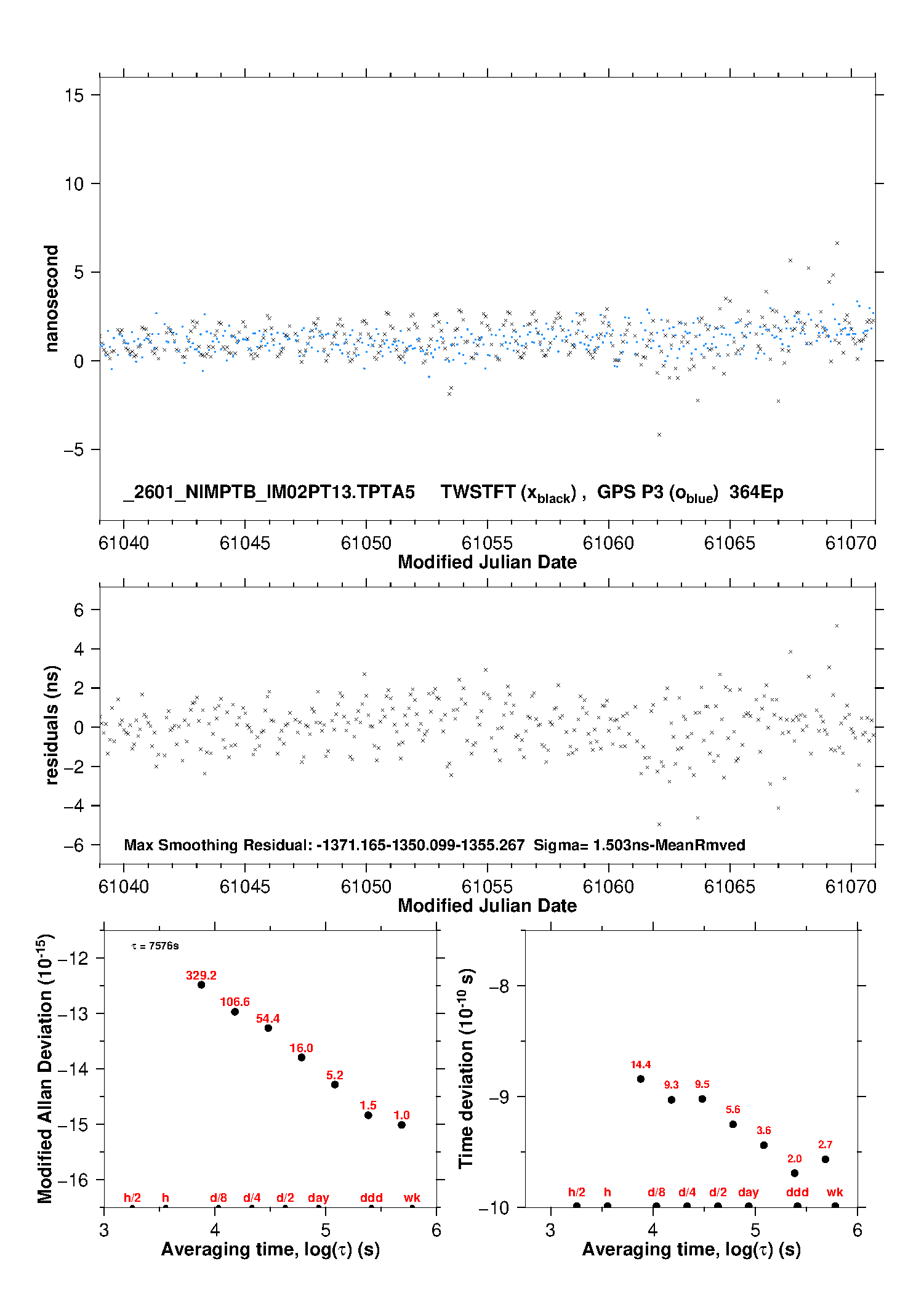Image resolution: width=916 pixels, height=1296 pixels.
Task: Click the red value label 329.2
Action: click(201, 975)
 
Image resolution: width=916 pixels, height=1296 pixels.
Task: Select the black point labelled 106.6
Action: click(235, 1012)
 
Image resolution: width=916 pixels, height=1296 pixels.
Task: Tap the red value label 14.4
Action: click(640, 1065)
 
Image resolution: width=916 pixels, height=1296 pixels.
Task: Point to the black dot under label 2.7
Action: click(826, 1159)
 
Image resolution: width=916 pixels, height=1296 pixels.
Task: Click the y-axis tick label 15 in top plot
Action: click(74, 95)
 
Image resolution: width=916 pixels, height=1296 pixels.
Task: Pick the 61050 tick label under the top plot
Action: click(366, 543)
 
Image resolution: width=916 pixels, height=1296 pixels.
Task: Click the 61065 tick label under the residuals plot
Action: click(729, 887)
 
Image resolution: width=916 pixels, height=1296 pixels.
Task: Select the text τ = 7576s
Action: click(155, 946)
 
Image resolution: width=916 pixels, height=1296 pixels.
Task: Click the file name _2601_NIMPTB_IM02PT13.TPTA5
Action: click(269, 492)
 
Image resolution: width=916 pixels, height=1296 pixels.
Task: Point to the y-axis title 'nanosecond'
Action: click(51, 299)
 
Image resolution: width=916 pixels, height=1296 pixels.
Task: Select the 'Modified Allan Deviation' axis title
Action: click(46, 1069)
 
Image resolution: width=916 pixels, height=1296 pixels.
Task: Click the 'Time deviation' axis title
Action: click(466, 1068)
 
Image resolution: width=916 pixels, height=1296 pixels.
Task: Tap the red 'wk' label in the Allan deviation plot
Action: click(412, 1197)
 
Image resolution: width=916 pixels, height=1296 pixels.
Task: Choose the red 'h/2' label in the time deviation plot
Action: click(576, 1192)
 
